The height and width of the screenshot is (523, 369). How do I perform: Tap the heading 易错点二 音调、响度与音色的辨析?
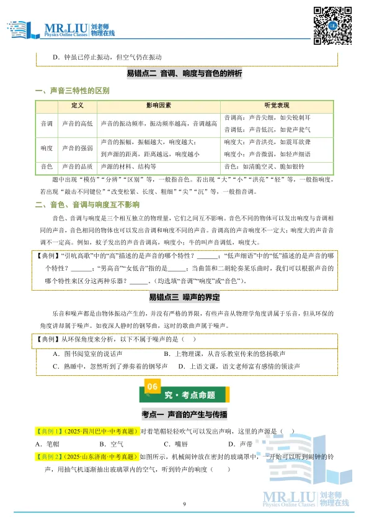click(x=184, y=73)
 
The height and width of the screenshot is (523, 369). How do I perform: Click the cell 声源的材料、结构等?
click(x=128, y=166)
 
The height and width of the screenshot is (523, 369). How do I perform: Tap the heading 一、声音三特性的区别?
click(x=73, y=91)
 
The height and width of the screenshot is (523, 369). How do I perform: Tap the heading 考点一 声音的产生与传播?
click(x=184, y=414)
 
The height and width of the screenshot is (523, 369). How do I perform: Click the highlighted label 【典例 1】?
click(x=49, y=430)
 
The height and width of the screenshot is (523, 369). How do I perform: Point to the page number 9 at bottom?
click(x=184, y=503)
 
